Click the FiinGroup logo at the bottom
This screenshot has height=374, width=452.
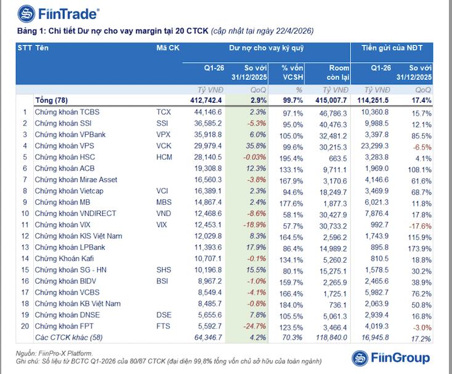pyautogui.click(x=391, y=357)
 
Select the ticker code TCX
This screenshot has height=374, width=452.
pyautogui.click(x=163, y=113)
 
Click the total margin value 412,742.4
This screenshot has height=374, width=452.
pyautogui.click(x=203, y=100)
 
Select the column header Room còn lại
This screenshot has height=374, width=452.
pyautogui.click(x=335, y=72)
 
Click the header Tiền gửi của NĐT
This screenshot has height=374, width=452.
pyautogui.click(x=396, y=47)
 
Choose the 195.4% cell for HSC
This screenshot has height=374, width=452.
pyautogui.click(x=293, y=157)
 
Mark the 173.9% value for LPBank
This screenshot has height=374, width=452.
pyautogui.click(x=419, y=247)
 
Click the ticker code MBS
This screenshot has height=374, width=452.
pyautogui.click(x=164, y=202)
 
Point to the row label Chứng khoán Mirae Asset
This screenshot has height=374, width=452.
pyautogui.click(x=76, y=180)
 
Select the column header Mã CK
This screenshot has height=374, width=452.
pyautogui.click(x=167, y=47)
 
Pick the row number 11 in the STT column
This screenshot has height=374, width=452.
pyautogui.click(x=25, y=225)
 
